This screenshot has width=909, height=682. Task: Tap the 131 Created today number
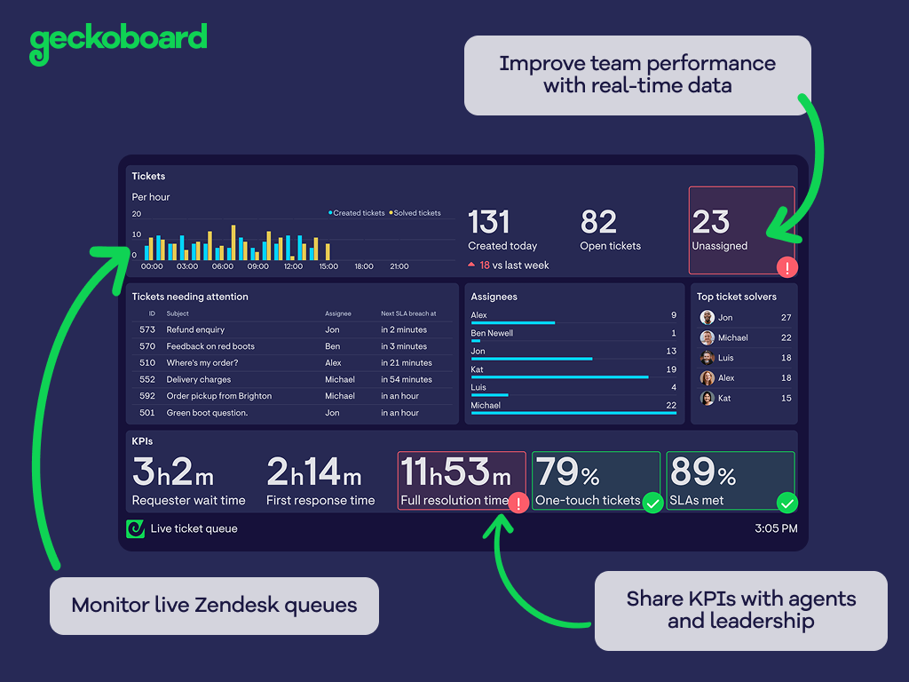pyautogui.click(x=488, y=222)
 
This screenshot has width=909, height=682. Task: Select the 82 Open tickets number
pyautogui.click(x=598, y=222)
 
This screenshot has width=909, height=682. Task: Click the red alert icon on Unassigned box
pyautogui.click(x=786, y=266)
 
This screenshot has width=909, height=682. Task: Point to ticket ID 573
pyautogui.click(x=147, y=329)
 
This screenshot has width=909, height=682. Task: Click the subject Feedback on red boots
pyautogui.click(x=210, y=346)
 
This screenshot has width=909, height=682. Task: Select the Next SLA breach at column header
pyautogui.click(x=408, y=313)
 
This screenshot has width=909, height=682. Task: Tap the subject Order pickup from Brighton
pyautogui.click(x=219, y=396)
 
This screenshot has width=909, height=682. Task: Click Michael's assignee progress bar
pyautogui.click(x=573, y=413)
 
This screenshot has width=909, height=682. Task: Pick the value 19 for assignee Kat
pyautogui.click(x=671, y=369)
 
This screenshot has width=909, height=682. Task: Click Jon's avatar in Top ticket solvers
pyautogui.click(x=707, y=317)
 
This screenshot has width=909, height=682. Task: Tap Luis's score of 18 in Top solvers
pyautogui.click(x=786, y=358)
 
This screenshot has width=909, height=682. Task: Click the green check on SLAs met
pyautogui.click(x=786, y=504)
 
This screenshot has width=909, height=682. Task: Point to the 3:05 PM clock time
pyautogui.click(x=776, y=528)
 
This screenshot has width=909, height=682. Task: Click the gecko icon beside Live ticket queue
pyautogui.click(x=135, y=528)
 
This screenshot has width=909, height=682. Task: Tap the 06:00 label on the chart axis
pyautogui.click(x=223, y=266)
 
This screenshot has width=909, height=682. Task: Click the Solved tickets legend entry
pyautogui.click(x=415, y=213)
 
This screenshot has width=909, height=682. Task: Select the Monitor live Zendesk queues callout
pyautogui.click(x=214, y=606)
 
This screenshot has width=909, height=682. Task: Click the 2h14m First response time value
pyautogui.click(x=314, y=472)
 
